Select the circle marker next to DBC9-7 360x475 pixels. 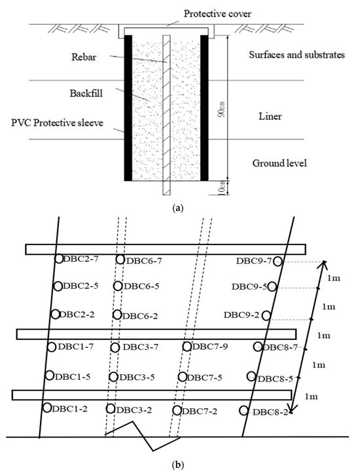278,261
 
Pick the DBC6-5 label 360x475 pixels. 141,286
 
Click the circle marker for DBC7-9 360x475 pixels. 187,347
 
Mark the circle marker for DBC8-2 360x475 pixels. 244,411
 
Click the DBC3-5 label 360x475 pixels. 139,377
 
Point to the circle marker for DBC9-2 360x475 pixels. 266,315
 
